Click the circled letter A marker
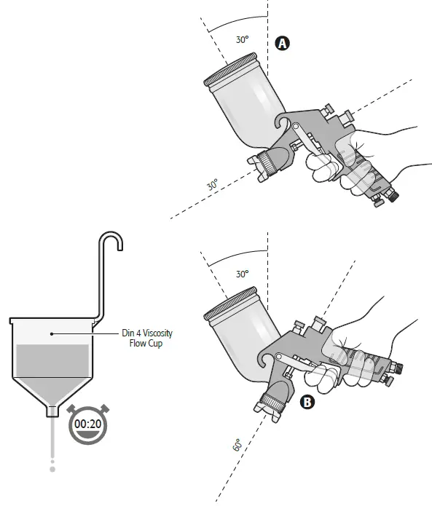click(x=283, y=44)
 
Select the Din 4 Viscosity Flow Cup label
click(x=146, y=339)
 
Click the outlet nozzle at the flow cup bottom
click(x=52, y=411)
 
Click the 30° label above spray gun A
click(x=242, y=40)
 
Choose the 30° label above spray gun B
click(x=242, y=274)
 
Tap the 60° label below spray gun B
click(x=237, y=445)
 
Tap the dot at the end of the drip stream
click(x=52, y=470)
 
